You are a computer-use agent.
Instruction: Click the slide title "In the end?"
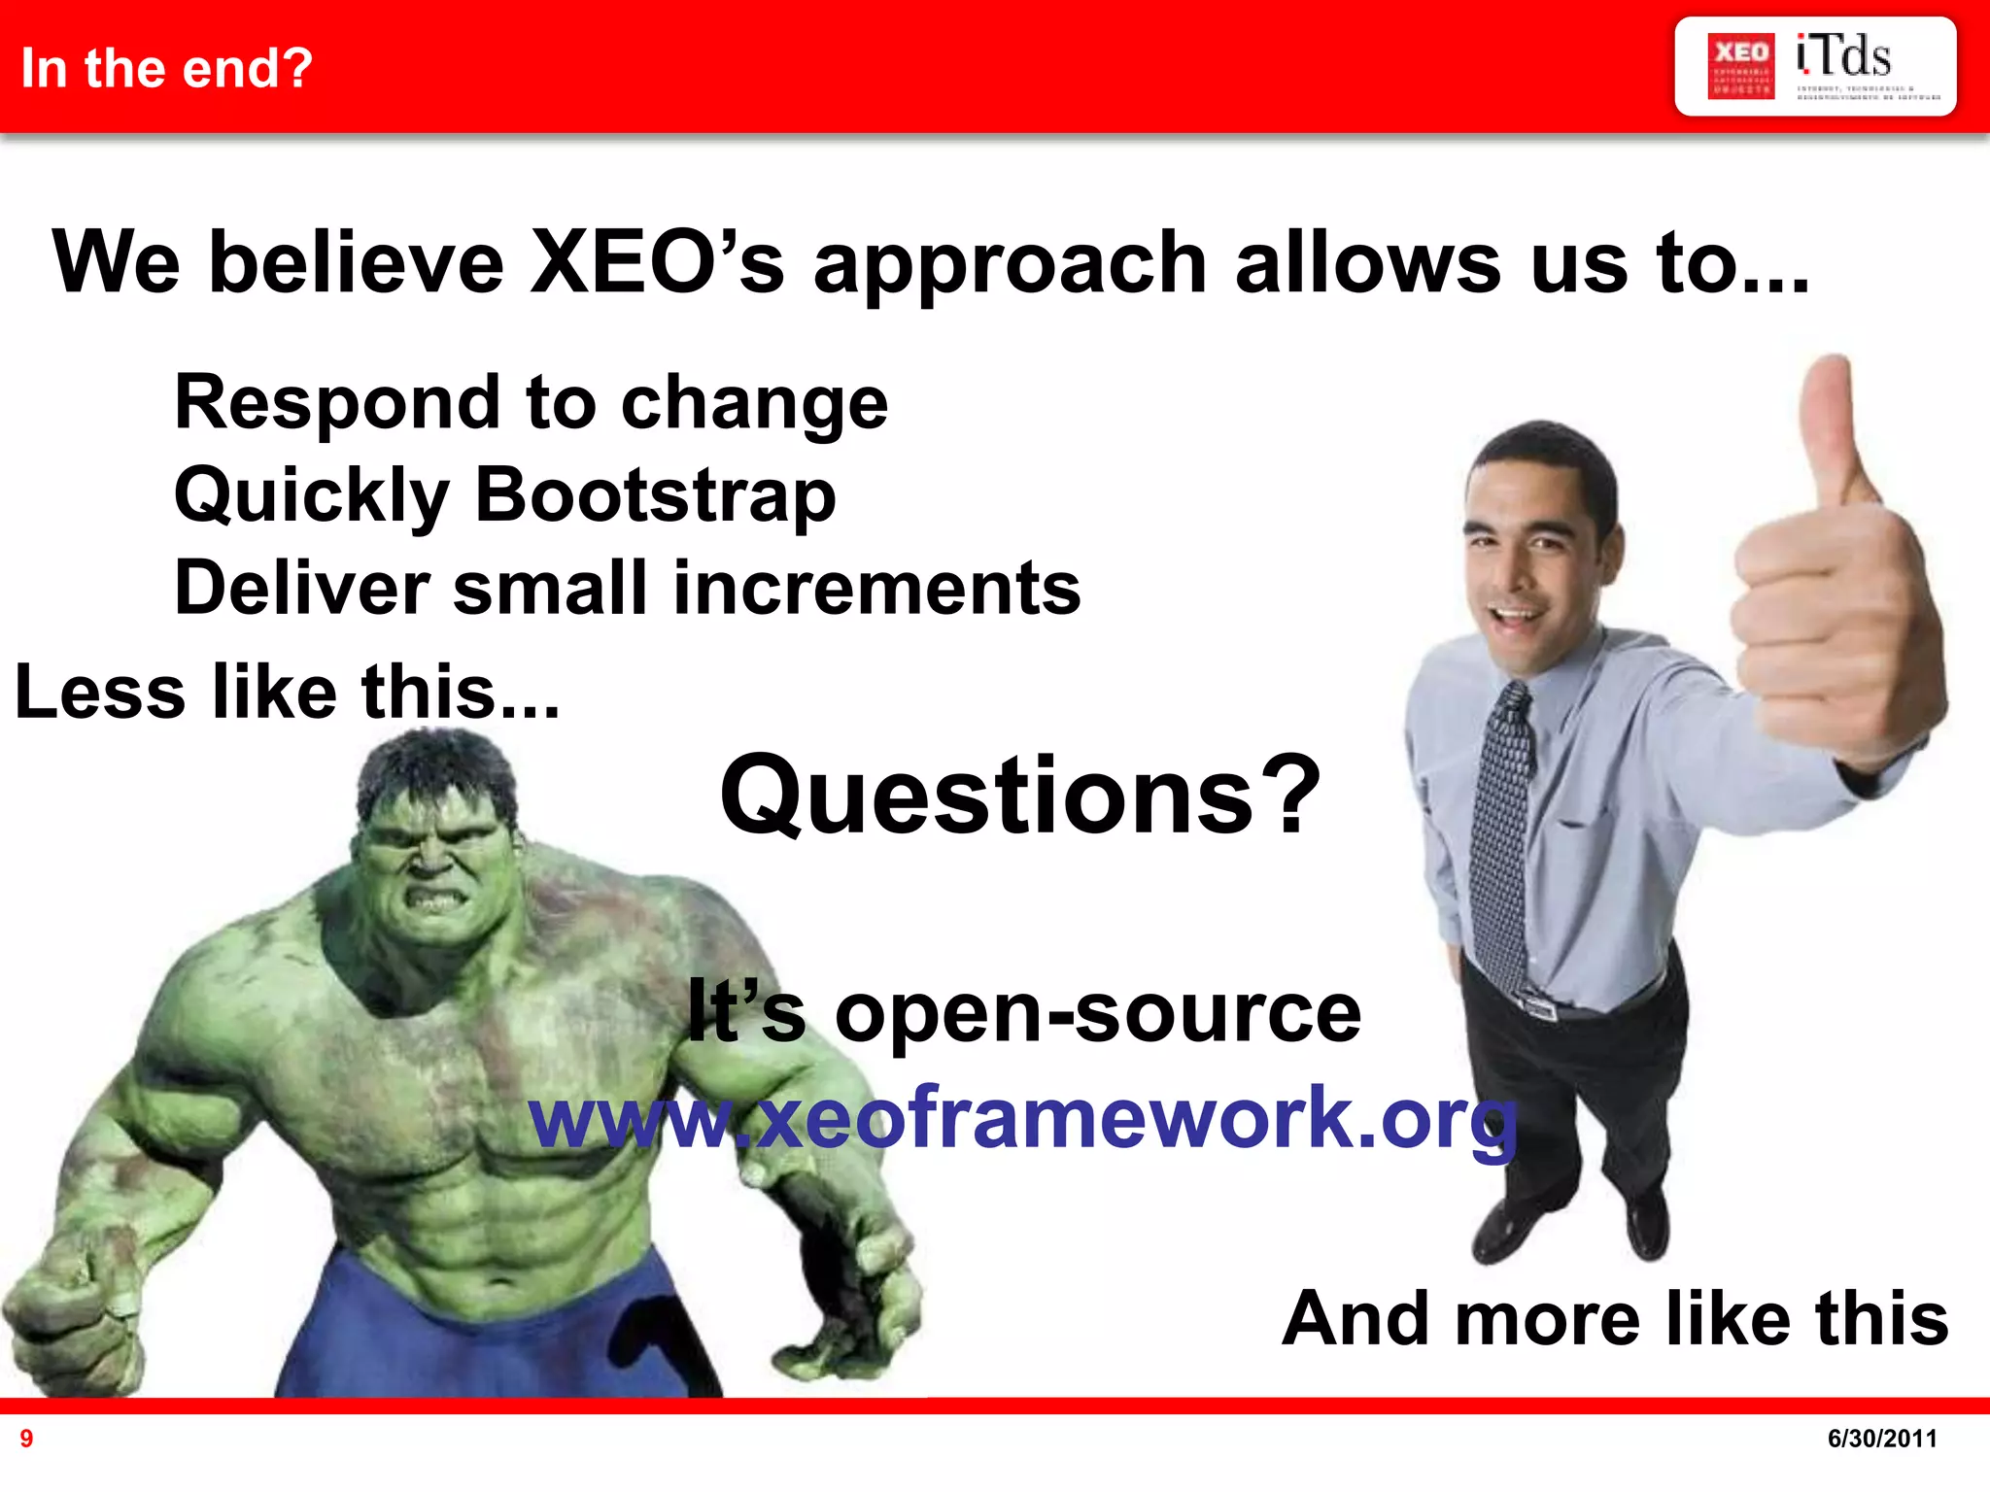pos(166,68)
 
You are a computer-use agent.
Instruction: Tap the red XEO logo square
pos(1740,66)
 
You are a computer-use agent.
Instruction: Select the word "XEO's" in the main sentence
pos(657,262)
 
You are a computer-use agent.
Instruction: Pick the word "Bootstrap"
pos(655,494)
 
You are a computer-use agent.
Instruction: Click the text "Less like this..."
pos(288,692)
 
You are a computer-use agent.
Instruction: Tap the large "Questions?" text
pos(1020,797)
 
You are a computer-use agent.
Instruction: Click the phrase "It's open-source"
pos(1023,1012)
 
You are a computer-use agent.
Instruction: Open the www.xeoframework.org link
pos(1022,1117)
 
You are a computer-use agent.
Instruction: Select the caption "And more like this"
pos(1614,1318)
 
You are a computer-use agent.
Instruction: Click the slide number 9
pos(26,1439)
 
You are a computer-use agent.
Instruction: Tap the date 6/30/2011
pos(1881,1439)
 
